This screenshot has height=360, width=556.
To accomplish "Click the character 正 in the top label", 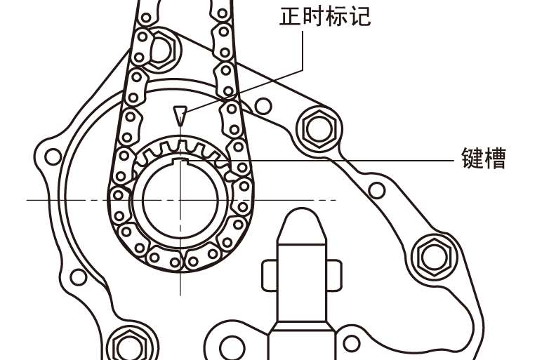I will (290, 15).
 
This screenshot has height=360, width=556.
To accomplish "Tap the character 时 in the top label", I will (313, 15).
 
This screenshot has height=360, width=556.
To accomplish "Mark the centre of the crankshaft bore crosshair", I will (180, 200).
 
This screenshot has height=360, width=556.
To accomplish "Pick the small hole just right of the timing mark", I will (263, 106).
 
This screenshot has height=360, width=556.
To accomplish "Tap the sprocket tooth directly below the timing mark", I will (180, 145).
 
